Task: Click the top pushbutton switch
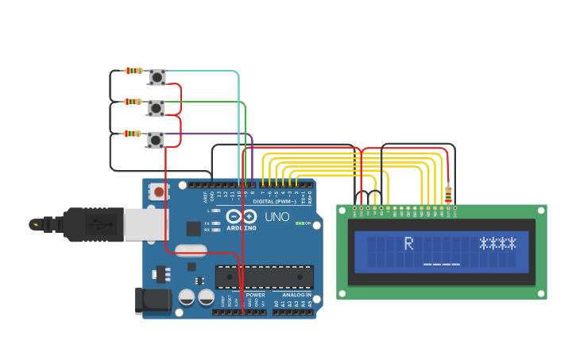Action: click(x=157, y=77)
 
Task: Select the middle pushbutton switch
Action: click(x=157, y=108)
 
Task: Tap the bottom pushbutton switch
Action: click(x=155, y=140)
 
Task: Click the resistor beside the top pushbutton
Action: click(x=133, y=71)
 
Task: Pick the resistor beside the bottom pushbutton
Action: click(x=132, y=134)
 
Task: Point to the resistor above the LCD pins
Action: click(x=448, y=193)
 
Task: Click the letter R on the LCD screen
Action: click(x=409, y=243)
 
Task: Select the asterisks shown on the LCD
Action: click(x=497, y=243)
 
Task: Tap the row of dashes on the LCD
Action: click(x=442, y=263)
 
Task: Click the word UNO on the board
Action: click(x=277, y=217)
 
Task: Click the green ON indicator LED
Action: click(x=298, y=223)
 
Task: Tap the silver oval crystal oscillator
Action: click(x=191, y=250)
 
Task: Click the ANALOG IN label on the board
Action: click(x=293, y=295)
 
